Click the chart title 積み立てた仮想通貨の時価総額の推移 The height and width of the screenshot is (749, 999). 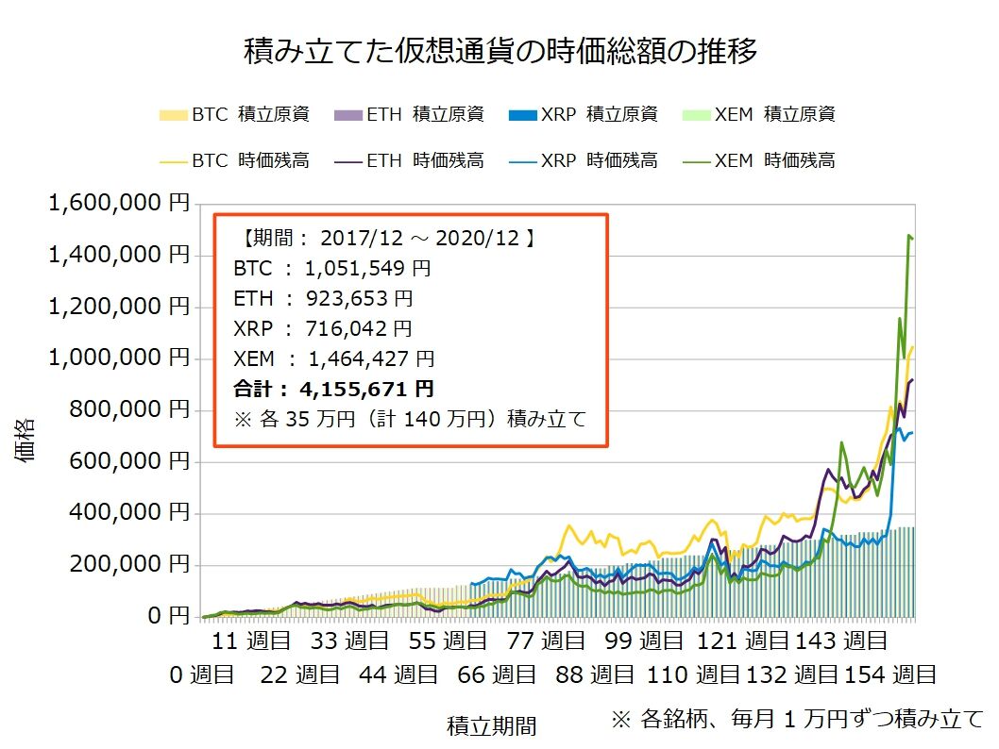point(500,52)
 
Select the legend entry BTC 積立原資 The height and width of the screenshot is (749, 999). point(234,115)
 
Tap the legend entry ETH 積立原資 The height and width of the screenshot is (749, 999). point(410,115)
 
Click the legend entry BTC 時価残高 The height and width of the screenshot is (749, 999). point(234,160)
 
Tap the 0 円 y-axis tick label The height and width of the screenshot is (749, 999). point(169,617)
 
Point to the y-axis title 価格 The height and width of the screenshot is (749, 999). point(25,439)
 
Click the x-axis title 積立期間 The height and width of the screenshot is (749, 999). point(491,726)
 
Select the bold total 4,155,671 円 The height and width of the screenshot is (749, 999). point(365,389)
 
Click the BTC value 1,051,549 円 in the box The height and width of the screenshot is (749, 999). point(367,268)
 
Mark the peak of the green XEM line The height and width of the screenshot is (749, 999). point(908,236)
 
